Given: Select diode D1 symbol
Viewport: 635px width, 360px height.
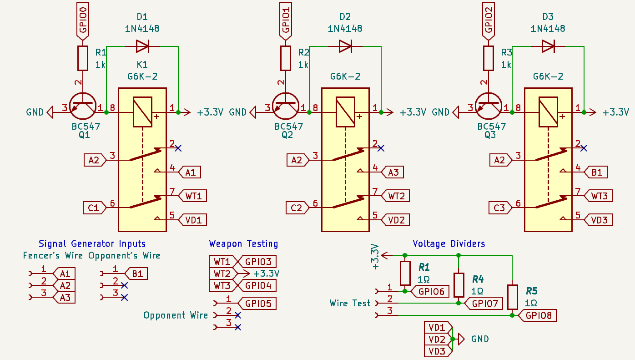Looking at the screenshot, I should [x=142, y=46].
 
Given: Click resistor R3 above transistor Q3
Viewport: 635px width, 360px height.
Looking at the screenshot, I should [x=488, y=58].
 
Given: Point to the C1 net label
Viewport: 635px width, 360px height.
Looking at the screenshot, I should [x=94, y=208].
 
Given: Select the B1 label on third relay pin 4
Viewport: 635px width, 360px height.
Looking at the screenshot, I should [x=597, y=172].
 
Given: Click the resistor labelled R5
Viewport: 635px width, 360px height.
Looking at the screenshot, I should [x=513, y=297].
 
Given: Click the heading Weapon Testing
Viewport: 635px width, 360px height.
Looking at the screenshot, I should [x=243, y=243].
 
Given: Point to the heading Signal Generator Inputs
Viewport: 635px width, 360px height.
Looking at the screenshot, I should [x=92, y=243].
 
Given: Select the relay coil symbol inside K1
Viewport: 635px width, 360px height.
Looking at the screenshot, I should [x=142, y=112].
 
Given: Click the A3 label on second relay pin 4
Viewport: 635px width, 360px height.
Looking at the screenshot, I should [x=393, y=172].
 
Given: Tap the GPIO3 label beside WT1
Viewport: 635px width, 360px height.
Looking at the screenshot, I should [x=258, y=262].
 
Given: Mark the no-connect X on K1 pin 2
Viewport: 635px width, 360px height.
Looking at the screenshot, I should [x=178, y=148].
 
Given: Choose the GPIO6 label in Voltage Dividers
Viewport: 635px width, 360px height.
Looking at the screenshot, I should [x=430, y=291].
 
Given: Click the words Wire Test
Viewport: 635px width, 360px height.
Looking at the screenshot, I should [x=350, y=303].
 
